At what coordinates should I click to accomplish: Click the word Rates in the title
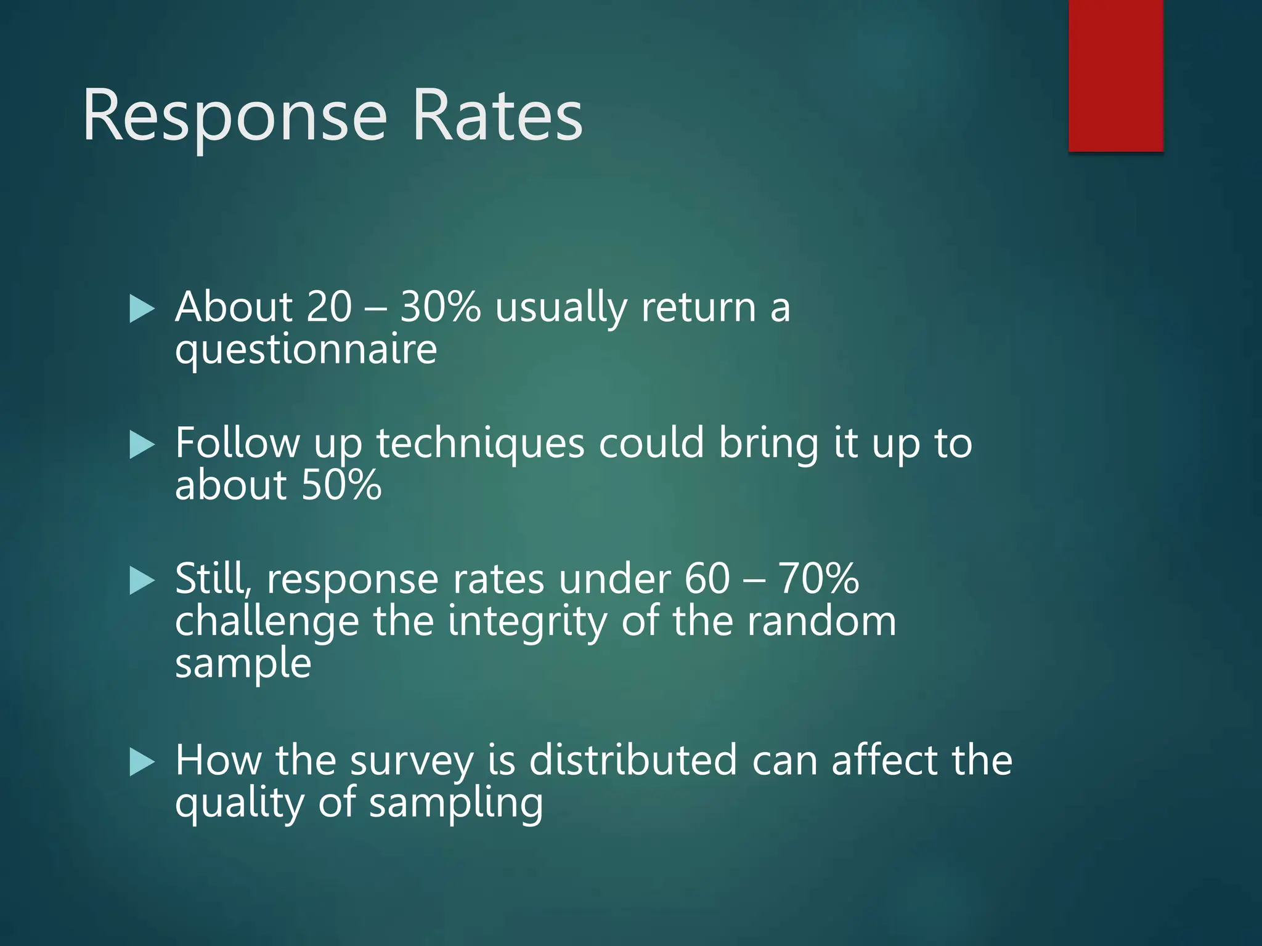(x=497, y=116)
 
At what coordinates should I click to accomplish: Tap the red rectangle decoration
(x=1115, y=75)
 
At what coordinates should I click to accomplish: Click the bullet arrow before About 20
(x=142, y=309)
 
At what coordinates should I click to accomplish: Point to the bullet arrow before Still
(x=142, y=581)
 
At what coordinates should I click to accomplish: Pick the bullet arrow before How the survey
(x=142, y=762)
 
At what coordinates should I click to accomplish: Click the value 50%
(x=341, y=485)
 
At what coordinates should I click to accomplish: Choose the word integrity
(x=527, y=622)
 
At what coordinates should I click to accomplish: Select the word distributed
(x=633, y=760)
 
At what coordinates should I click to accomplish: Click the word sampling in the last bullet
(x=456, y=804)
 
